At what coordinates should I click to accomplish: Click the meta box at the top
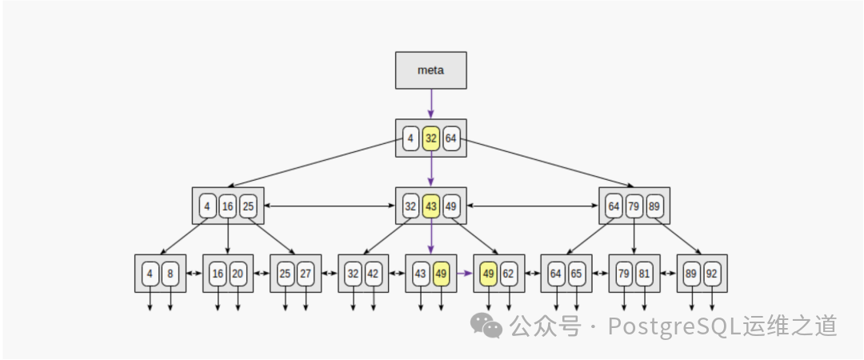(x=430, y=70)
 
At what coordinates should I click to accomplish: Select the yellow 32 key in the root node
(x=431, y=138)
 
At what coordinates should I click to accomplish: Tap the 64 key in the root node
(x=451, y=138)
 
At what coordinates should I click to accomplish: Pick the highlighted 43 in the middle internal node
(x=431, y=206)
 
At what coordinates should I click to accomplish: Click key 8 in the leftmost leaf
(x=170, y=274)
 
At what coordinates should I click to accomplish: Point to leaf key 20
(x=238, y=274)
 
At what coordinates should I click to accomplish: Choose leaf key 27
(x=306, y=274)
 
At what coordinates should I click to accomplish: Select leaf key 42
(x=374, y=274)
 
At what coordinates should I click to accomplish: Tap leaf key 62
(x=509, y=274)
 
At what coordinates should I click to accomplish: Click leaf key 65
(x=577, y=274)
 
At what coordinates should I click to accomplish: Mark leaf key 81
(x=645, y=274)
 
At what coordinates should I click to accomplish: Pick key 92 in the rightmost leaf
(x=712, y=274)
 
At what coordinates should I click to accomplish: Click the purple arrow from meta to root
(x=431, y=103)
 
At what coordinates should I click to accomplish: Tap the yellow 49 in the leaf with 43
(x=441, y=274)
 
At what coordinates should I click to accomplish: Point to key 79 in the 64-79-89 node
(x=634, y=206)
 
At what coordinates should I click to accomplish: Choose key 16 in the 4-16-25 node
(x=228, y=206)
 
